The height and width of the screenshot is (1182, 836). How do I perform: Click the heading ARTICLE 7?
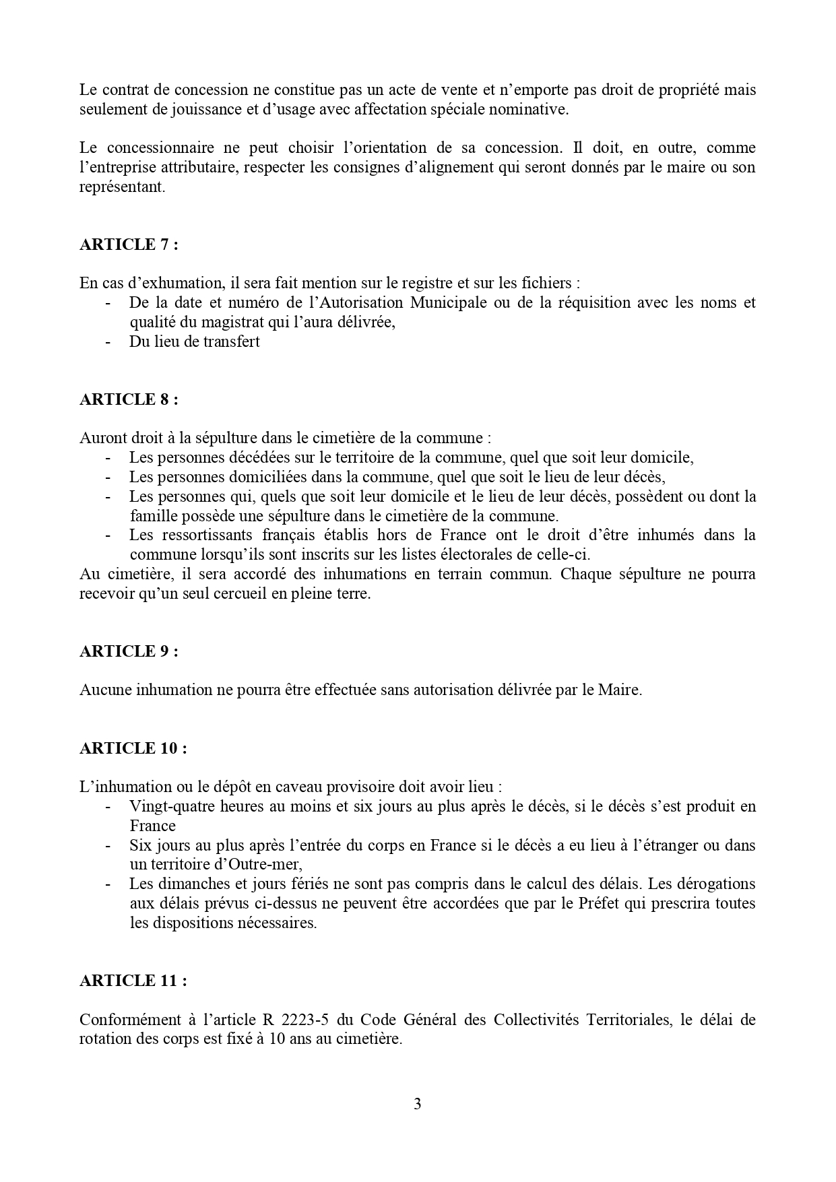click(x=129, y=244)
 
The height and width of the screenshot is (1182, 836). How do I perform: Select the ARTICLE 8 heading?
click(x=129, y=399)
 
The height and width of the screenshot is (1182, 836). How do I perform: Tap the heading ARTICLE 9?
click(x=129, y=651)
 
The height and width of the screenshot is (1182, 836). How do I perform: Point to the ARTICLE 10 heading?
click(x=133, y=748)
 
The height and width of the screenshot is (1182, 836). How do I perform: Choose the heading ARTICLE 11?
click(x=133, y=981)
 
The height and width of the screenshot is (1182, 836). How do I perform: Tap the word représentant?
click(x=122, y=187)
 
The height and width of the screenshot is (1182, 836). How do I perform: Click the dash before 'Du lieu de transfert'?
click(x=108, y=341)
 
